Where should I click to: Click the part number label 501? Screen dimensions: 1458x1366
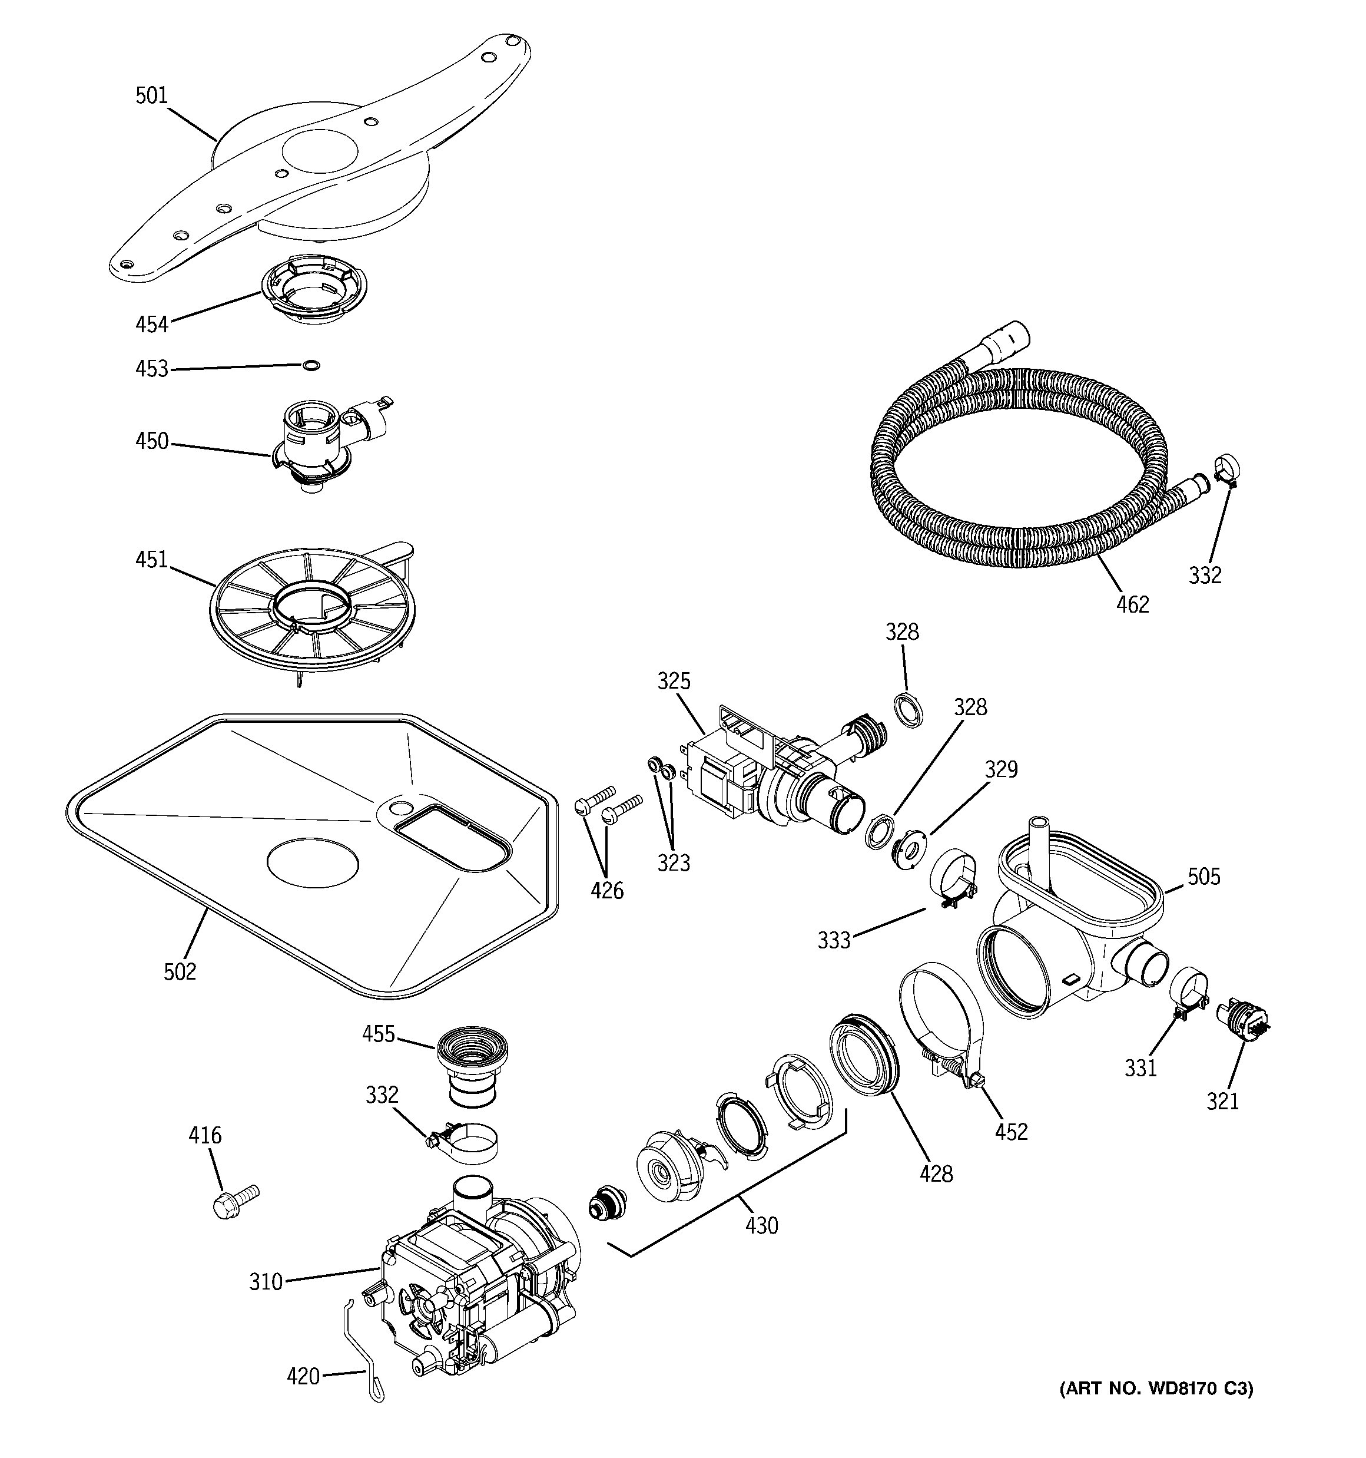[x=151, y=95]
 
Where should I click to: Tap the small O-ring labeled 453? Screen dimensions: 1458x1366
[x=311, y=365]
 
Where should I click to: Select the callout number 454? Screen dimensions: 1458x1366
[x=152, y=324]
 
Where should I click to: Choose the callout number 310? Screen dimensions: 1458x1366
[x=266, y=1282]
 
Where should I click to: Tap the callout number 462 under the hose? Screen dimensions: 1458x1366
[x=1132, y=604]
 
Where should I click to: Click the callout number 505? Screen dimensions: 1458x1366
[x=1204, y=877]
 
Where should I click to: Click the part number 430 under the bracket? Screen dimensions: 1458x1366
[x=761, y=1225]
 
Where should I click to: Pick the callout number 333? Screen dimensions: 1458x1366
[x=834, y=940]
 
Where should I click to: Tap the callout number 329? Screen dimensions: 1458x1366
[x=1001, y=769]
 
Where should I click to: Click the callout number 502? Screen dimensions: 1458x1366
[x=180, y=972]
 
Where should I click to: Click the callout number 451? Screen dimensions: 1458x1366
[x=152, y=560]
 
